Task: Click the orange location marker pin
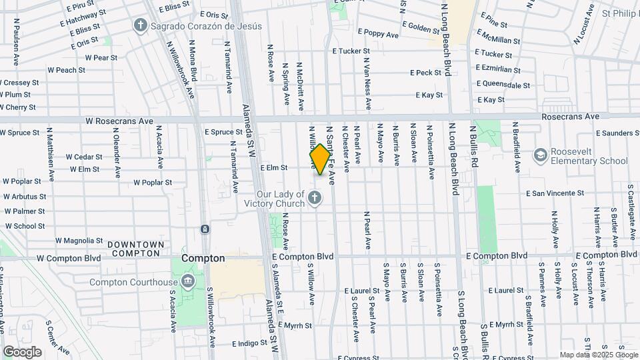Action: pos(320,160)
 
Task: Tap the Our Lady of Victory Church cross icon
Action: pos(315,198)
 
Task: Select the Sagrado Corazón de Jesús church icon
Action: pos(140,26)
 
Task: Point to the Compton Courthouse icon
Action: pos(188,280)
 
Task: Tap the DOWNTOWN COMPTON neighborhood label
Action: pos(135,249)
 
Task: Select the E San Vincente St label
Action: pos(555,193)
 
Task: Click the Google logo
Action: pos(23,351)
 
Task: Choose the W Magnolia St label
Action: pos(79,241)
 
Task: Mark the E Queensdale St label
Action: pos(503,85)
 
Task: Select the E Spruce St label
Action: pos(223,132)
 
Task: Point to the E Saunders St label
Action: pos(615,133)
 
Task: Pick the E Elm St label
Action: pos(273,168)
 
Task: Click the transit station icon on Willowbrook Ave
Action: pos(204,229)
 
